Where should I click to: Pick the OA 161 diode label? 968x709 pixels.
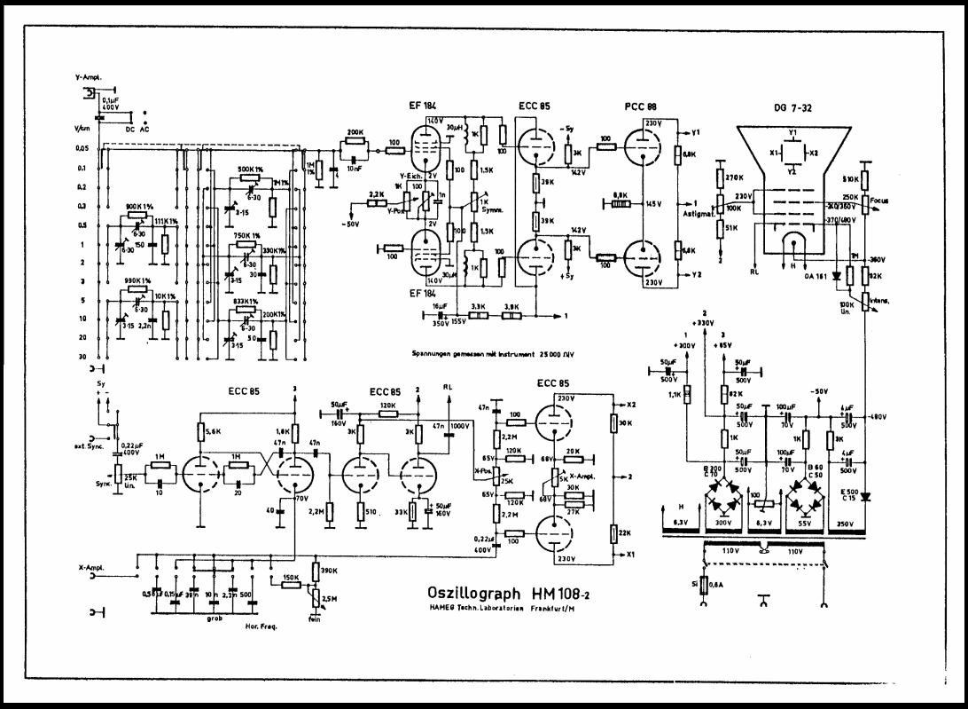point(815,276)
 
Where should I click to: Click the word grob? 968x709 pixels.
point(215,618)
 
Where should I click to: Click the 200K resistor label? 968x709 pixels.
point(355,132)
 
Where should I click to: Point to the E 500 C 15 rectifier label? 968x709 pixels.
point(850,494)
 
